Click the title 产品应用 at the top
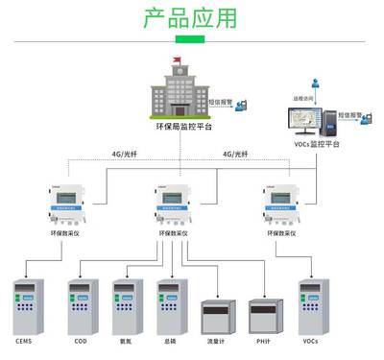tap(191, 18)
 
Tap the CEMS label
tap(25, 341)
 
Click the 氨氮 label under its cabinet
tap(126, 341)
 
